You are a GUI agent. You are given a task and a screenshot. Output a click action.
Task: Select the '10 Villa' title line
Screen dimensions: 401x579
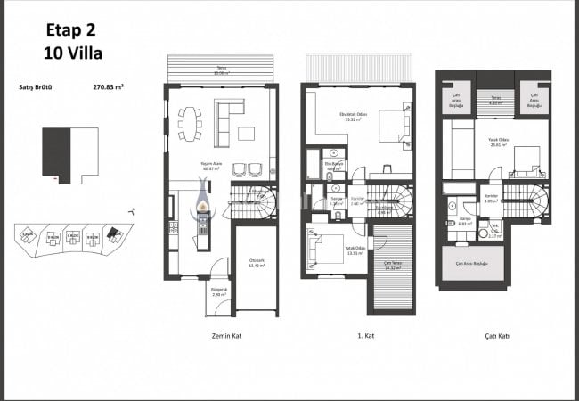pyautogui.click(x=73, y=53)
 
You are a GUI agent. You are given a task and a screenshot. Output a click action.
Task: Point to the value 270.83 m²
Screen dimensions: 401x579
pyautogui.click(x=109, y=88)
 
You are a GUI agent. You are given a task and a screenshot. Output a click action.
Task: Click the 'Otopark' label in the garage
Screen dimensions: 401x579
pyautogui.click(x=257, y=261)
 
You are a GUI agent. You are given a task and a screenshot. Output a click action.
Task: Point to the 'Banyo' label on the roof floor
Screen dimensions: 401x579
pyautogui.click(x=464, y=222)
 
